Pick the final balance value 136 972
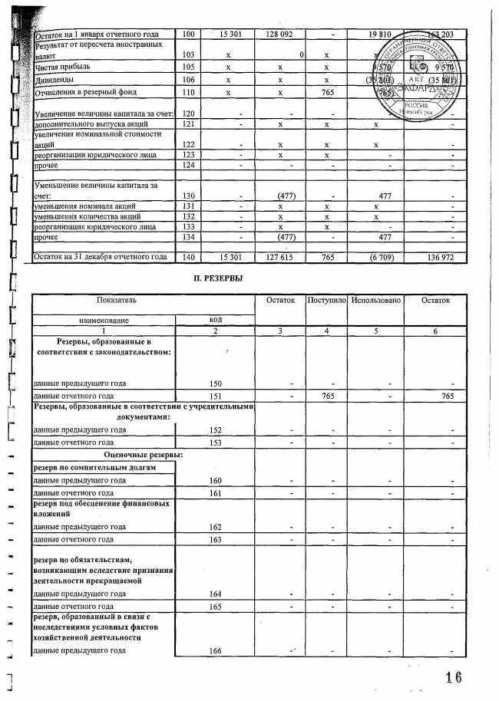click(x=439, y=255)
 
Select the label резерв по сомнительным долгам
click(x=94, y=467)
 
